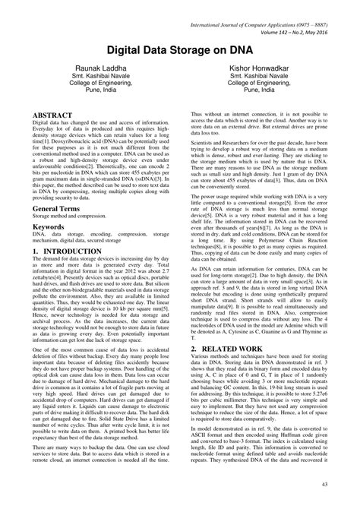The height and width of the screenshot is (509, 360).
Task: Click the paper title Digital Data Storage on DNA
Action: pyautogui.click(x=179, y=49)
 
